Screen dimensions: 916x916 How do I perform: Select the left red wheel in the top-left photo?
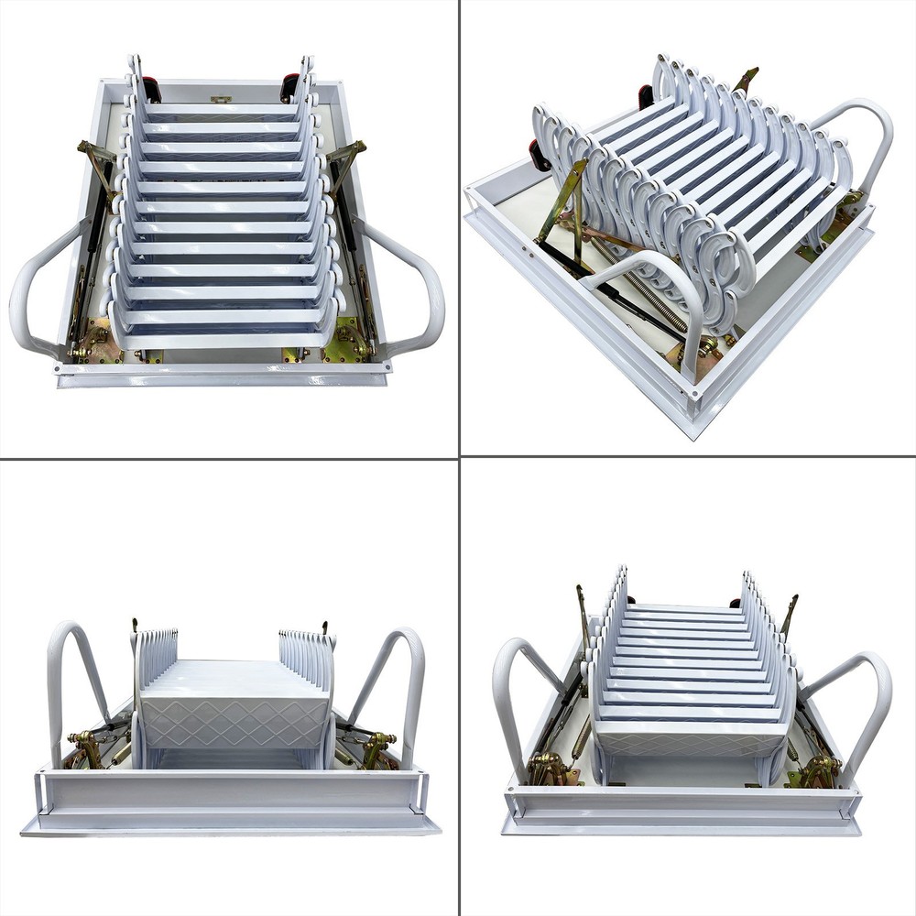(152, 89)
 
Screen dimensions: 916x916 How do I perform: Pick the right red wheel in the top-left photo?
(289, 88)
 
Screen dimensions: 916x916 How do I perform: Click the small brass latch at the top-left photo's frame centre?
(220, 98)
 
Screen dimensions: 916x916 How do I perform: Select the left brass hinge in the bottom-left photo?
(87, 746)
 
